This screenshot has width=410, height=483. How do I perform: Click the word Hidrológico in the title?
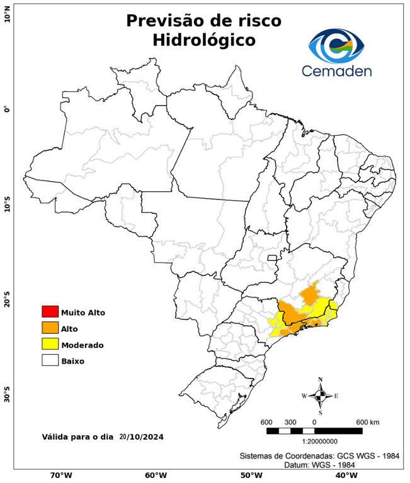(x=204, y=40)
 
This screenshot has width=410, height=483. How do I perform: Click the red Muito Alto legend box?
(x=50, y=312)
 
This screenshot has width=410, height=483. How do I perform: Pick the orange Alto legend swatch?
(x=50, y=328)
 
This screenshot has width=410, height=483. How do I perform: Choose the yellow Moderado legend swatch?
(x=50, y=344)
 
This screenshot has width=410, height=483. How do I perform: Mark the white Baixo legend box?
(x=50, y=360)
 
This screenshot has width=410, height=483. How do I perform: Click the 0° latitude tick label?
(x=7, y=109)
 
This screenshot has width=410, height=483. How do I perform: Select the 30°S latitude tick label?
(x=7, y=396)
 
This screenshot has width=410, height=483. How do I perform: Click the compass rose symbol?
(x=320, y=396)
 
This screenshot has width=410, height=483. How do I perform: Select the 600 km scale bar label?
(x=368, y=421)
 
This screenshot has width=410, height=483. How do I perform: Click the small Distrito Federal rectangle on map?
(x=272, y=257)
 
